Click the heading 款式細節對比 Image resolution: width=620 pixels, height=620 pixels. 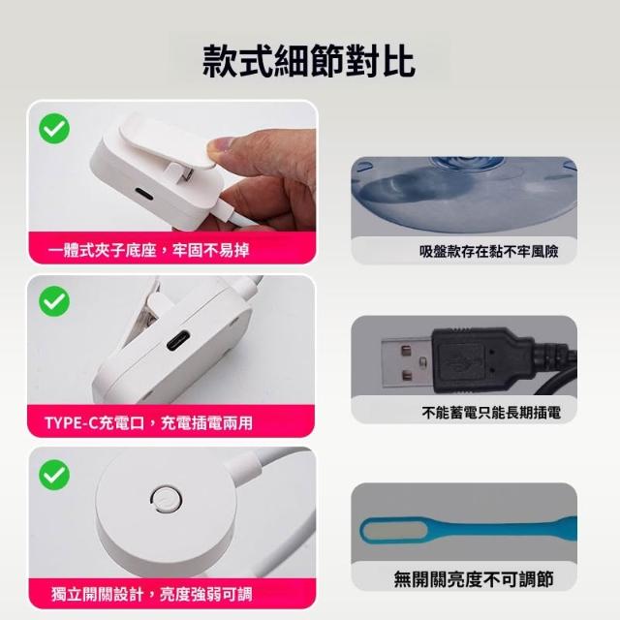(309, 60)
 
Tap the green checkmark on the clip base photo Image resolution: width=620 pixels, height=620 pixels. (54, 129)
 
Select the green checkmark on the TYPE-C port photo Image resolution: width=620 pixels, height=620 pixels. (54, 301)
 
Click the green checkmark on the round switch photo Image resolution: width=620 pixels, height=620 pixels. (54, 475)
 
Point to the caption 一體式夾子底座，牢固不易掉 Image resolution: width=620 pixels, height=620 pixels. (148, 250)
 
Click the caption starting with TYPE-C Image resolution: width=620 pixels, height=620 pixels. (148, 423)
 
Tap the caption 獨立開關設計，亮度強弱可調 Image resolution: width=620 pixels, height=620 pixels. (151, 594)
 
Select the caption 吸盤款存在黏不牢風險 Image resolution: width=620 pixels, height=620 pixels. (488, 251)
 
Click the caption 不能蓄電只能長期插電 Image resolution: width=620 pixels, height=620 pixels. (491, 413)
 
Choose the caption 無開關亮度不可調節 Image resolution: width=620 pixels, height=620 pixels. (474, 579)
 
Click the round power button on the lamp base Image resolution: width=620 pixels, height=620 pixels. (166, 500)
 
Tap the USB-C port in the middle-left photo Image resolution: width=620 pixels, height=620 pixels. (178, 340)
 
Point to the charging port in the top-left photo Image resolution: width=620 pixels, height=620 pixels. (144, 194)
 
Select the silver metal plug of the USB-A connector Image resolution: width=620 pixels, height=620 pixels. (407, 364)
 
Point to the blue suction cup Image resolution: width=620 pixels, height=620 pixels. (464, 197)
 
